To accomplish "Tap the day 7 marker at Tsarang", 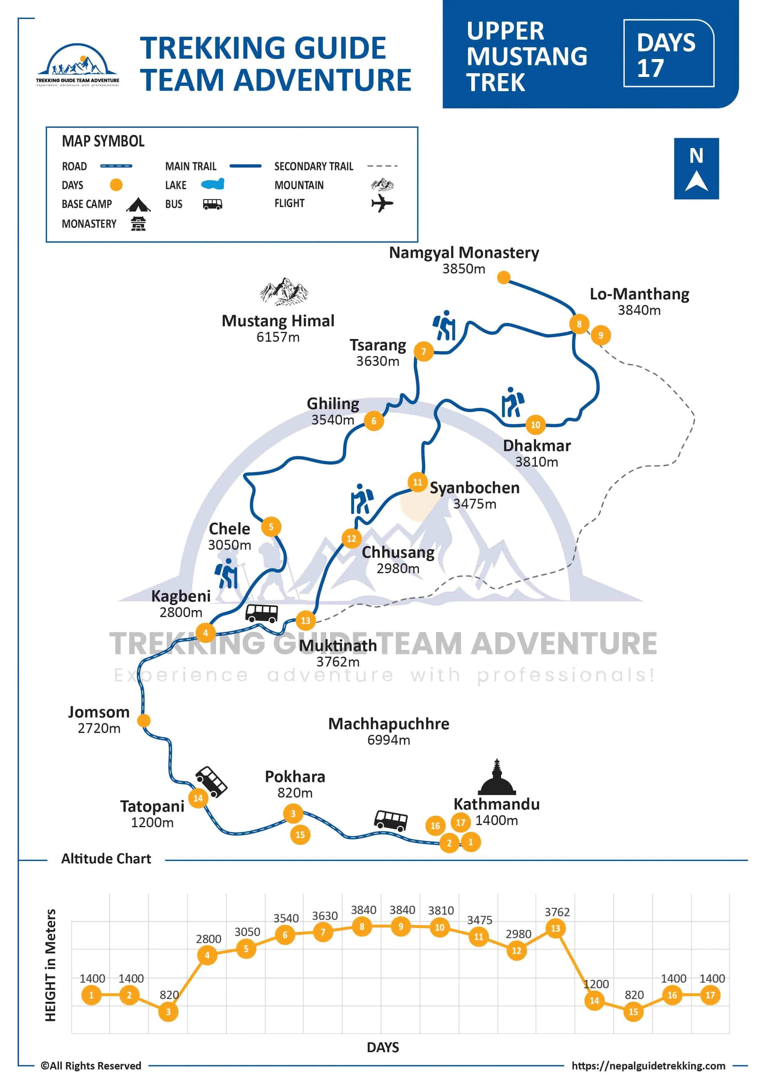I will (423, 351).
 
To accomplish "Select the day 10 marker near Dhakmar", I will (535, 425).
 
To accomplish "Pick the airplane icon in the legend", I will (382, 204).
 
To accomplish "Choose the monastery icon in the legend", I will (138, 223).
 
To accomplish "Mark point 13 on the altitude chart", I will (555, 928).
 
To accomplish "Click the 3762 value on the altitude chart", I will (557, 912).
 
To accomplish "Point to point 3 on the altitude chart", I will (168, 1011).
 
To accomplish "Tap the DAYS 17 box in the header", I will (668, 53).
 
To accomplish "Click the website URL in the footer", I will (648, 1065).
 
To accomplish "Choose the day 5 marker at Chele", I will (271, 527).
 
